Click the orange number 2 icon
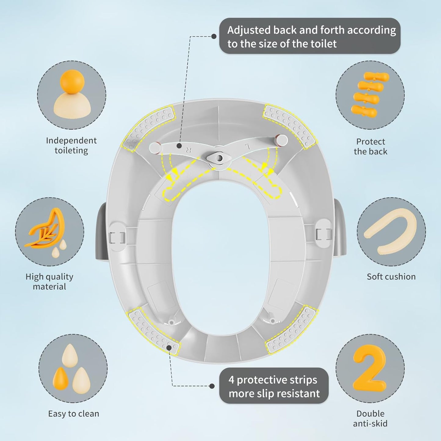(370, 369)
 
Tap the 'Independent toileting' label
(71, 146)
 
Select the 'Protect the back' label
(371, 146)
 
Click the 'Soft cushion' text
(391, 277)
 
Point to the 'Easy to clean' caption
(74, 414)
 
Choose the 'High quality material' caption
(49, 281)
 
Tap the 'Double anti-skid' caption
(370, 419)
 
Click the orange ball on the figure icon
(72, 81)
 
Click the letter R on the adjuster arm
(189, 150)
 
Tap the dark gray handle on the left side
(101, 231)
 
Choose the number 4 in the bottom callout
(231, 380)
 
